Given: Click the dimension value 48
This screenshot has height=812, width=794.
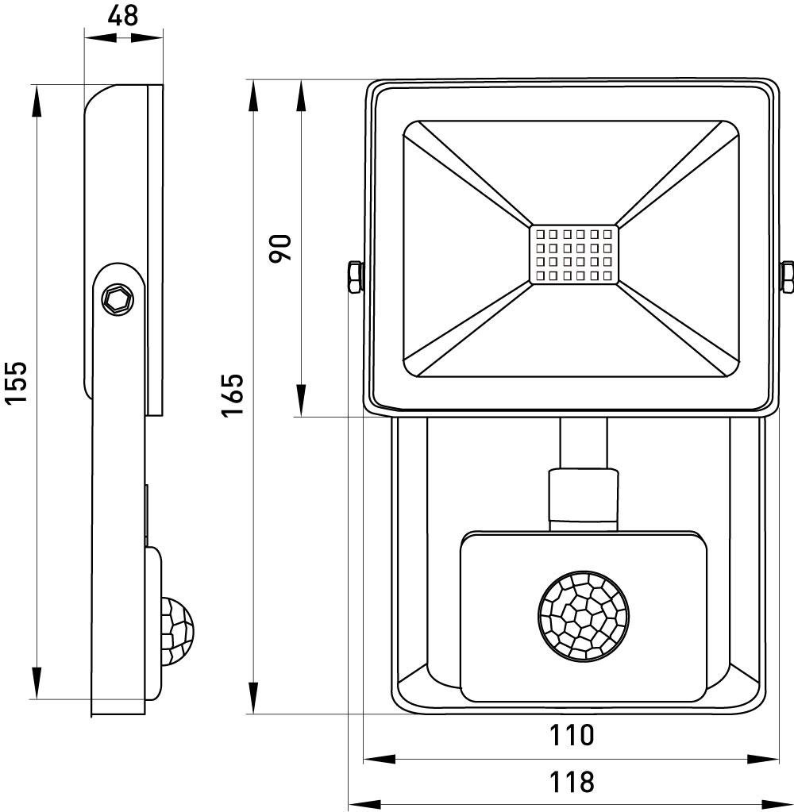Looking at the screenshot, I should coord(123,15).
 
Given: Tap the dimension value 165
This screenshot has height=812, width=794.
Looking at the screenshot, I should coord(232,395).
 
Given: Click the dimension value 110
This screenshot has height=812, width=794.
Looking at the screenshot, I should coord(572,735).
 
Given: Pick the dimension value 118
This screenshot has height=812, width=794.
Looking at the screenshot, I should coord(572,781).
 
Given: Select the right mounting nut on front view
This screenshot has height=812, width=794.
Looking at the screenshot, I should coord(788,278).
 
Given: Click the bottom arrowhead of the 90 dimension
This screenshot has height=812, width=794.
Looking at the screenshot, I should coord(301,400).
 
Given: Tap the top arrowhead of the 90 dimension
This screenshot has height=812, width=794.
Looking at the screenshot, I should coord(301,96).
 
